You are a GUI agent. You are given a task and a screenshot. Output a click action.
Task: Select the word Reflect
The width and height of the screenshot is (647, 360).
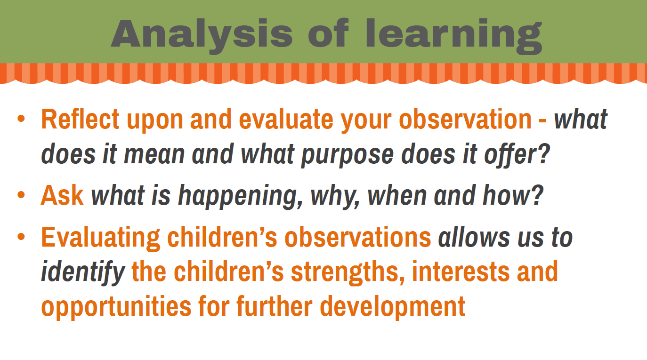pos(81,119)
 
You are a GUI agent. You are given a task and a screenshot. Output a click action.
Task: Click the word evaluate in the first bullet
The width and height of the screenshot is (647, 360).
pos(286,119)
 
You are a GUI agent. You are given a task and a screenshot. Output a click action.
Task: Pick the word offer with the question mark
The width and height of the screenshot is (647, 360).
pos(517,154)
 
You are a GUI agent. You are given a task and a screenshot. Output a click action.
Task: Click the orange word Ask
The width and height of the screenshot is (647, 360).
pos(62,195)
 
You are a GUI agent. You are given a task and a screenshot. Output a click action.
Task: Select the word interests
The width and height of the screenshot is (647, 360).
pos(461,272)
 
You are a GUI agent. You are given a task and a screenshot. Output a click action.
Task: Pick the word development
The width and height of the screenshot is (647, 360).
pos(393,307)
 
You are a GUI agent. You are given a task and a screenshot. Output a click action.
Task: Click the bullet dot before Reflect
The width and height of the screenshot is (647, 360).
pos(21,119)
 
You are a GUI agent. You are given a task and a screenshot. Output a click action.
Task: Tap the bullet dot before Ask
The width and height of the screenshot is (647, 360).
pos(21,194)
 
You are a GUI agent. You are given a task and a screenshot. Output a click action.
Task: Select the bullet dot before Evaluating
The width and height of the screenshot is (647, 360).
pos(21,237)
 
